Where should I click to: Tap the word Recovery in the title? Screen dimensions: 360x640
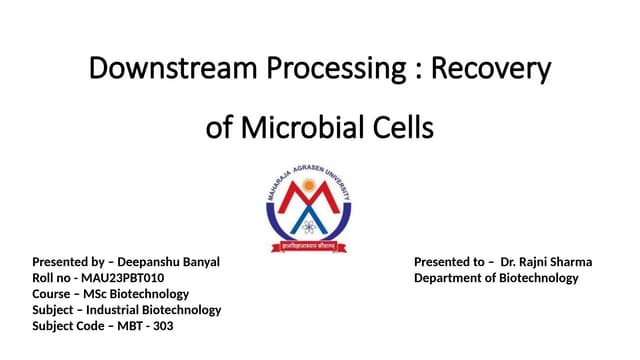[x=496, y=69]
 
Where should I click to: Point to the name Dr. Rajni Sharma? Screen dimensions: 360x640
[x=547, y=262]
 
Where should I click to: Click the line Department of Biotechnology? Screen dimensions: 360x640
[x=496, y=278]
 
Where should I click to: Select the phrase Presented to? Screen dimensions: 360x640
[x=451, y=262]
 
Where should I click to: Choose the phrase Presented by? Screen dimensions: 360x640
[x=69, y=262]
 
